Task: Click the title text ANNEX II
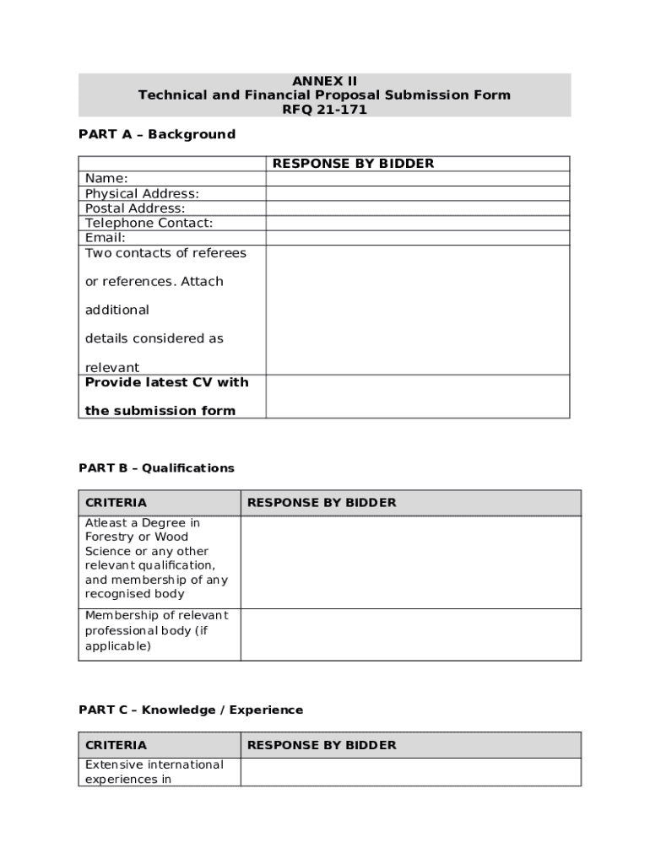[324, 81]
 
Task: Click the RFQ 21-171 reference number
[324, 110]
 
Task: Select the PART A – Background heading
[157, 134]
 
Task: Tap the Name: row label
[106, 178]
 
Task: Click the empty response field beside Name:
[417, 178]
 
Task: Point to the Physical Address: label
[142, 193]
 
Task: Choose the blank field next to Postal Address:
[417, 208]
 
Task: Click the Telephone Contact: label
[149, 223]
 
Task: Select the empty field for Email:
[417, 238]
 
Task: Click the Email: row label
[106, 238]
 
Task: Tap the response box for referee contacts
[417, 310]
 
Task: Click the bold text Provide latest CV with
[166, 382]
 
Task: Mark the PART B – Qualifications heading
[156, 467]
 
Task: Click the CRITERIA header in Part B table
[116, 503]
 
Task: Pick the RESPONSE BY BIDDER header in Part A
[353, 164]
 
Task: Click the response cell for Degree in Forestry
[410, 562]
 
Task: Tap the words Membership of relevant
[156, 615]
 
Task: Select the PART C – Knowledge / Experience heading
[191, 710]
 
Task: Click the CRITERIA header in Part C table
[116, 745]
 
